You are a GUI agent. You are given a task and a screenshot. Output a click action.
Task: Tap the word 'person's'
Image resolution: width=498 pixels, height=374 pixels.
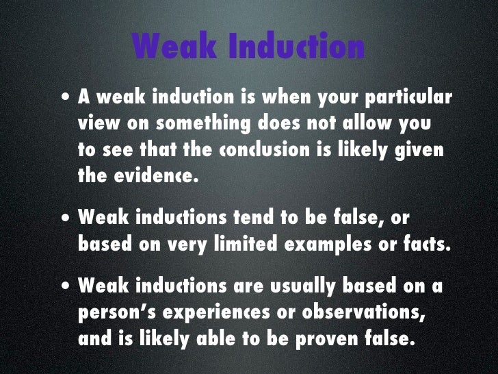[x=112, y=312]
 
